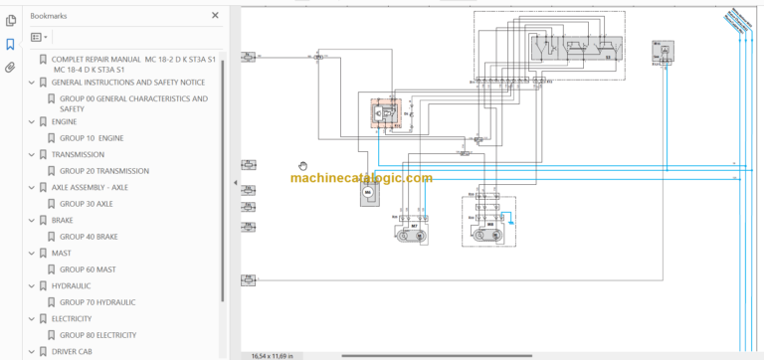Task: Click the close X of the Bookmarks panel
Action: (x=216, y=16)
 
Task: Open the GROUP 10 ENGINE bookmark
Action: (x=92, y=138)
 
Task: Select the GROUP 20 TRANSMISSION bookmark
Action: (x=103, y=171)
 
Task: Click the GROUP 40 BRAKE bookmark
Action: (x=89, y=237)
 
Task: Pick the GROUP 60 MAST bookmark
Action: (x=88, y=270)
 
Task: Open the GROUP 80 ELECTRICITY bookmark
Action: (x=97, y=335)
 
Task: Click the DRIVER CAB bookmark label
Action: (x=73, y=351)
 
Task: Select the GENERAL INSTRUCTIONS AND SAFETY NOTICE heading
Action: (x=128, y=82)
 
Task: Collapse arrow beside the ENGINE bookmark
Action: (x=31, y=122)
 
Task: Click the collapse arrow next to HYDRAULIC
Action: (x=31, y=286)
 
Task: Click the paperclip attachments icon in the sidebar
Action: (x=10, y=68)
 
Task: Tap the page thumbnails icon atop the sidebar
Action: (x=10, y=20)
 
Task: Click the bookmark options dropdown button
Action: (x=39, y=37)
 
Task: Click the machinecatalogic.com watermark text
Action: (x=361, y=179)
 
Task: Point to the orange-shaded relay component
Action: (x=384, y=114)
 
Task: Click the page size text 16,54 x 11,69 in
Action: (x=271, y=355)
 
